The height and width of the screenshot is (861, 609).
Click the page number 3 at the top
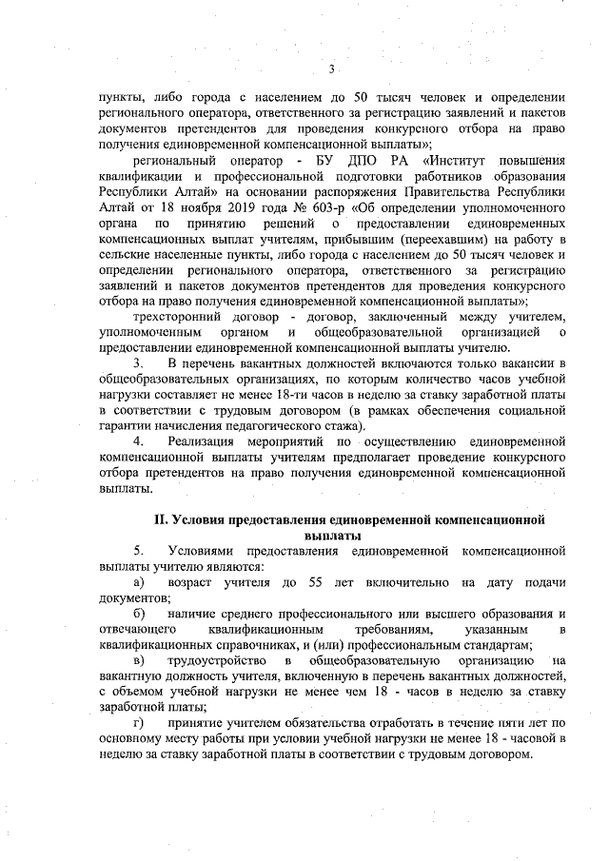pos(331,68)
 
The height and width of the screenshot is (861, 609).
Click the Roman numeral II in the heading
pos(162,520)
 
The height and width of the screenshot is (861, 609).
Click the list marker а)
pos(139,582)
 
